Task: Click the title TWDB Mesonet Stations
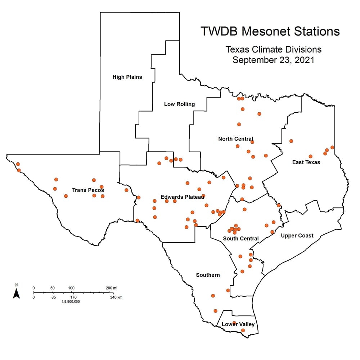(270, 31)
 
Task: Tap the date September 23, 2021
(273, 60)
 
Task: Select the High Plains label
(127, 77)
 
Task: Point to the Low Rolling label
(179, 104)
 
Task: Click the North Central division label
(236, 139)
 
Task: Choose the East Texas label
(306, 162)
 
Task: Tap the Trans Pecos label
(88, 190)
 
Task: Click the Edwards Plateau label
(183, 197)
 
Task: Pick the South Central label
(241, 238)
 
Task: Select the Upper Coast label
(297, 236)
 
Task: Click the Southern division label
(208, 275)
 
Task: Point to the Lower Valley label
(238, 324)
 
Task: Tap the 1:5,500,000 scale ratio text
(71, 302)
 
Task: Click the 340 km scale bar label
(116, 297)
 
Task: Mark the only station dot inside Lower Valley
(243, 330)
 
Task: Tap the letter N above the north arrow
(16, 285)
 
